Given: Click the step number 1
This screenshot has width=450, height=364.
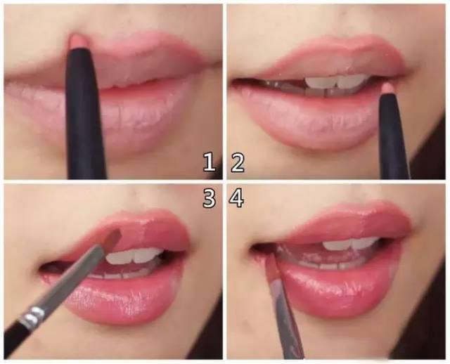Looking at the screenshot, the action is point(210,162).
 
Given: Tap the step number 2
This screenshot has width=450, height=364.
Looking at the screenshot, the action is point(238,162).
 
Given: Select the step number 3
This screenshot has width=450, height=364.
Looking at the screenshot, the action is point(210,198).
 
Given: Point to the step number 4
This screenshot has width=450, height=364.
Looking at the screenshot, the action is point(236,198).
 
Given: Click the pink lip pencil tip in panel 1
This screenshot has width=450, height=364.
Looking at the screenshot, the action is point(78,41).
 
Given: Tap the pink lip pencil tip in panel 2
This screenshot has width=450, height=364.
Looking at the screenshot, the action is point(387,89).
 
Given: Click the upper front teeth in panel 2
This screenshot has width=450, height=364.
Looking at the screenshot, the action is point(336,82).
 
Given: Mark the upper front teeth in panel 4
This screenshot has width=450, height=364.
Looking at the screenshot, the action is point(351,245).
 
